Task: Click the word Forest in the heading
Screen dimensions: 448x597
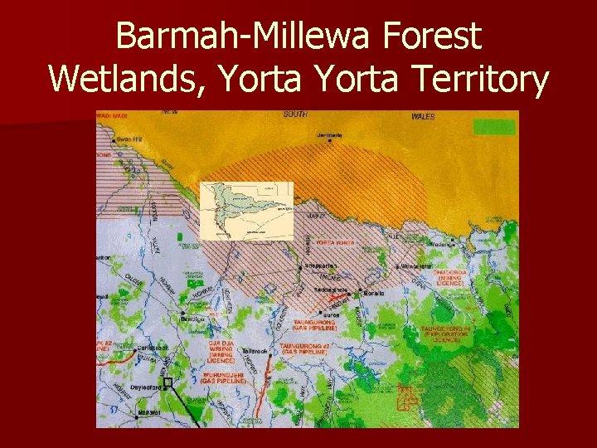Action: pos(440,37)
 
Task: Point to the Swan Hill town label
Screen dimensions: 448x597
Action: pos(127,138)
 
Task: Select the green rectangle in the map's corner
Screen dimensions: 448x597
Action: pos(493,127)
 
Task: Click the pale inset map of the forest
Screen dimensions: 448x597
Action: pos(247,211)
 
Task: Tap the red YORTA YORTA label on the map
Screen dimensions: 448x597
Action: pos(334,242)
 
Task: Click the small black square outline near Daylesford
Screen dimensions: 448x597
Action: pos(167,383)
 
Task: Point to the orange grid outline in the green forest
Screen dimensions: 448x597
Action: pos(407,397)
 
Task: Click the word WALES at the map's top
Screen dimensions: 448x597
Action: pos(423,117)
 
